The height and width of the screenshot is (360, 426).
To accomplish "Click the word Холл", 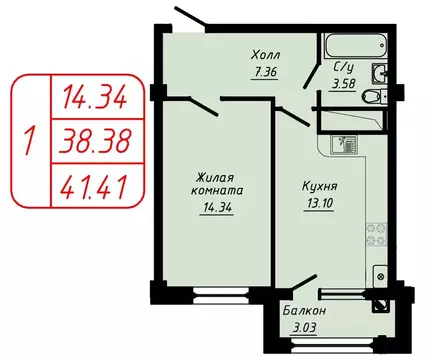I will click(266, 55).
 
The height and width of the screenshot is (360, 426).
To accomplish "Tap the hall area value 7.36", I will click(264, 71).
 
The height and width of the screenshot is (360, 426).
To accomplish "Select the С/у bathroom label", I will click(341, 68).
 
